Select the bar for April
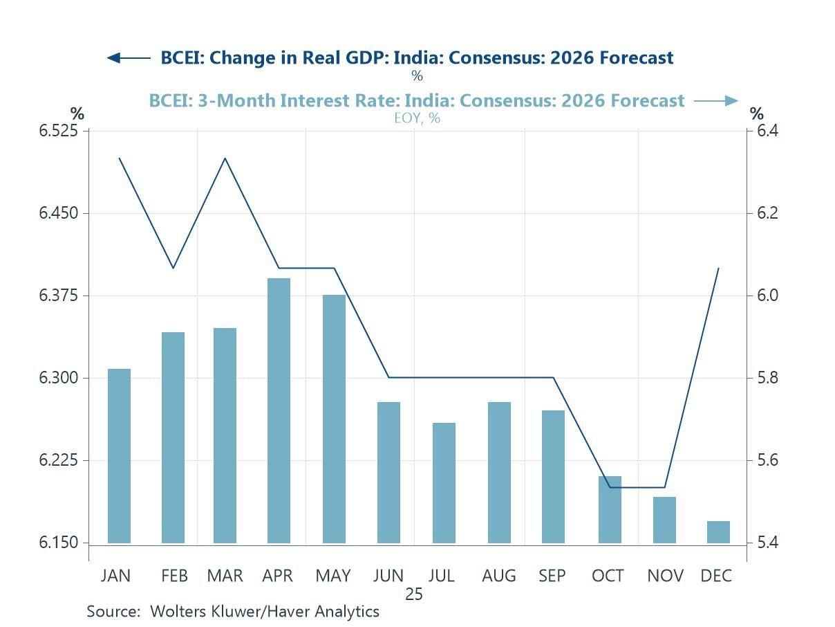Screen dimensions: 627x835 click(x=279, y=410)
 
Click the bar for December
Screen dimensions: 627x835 click(x=719, y=531)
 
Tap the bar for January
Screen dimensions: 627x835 click(x=119, y=455)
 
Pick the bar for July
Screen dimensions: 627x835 click(x=444, y=482)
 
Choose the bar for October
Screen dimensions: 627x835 click(x=610, y=509)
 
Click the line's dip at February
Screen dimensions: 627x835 click(x=173, y=268)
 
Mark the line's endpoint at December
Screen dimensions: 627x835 click(x=719, y=268)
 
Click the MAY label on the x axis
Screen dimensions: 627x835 click(x=333, y=576)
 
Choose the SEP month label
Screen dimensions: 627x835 click(x=552, y=576)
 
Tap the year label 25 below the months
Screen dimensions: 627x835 click(x=415, y=594)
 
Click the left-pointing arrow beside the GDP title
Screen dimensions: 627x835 click(x=129, y=58)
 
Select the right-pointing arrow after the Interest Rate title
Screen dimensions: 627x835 click(x=716, y=101)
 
